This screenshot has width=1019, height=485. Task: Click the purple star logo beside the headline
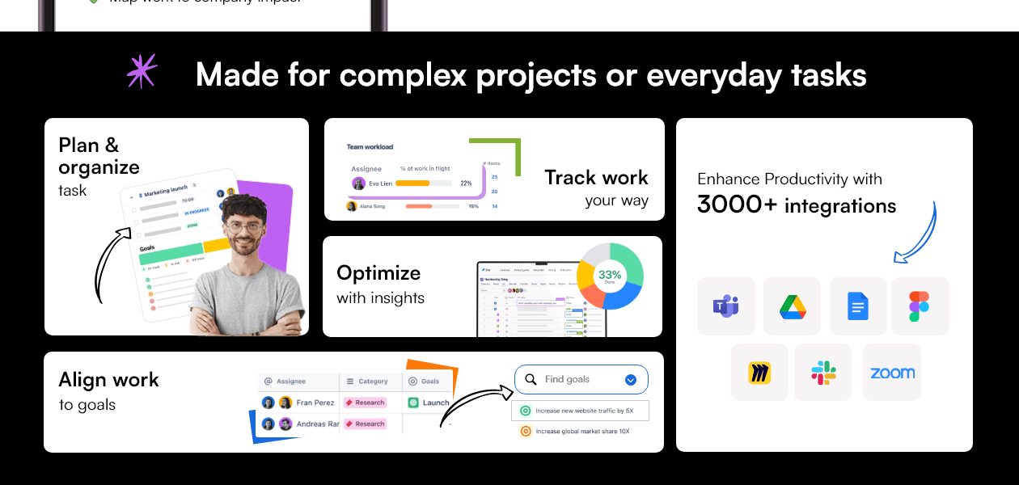[x=142, y=71]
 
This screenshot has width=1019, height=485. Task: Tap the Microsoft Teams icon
[x=725, y=306]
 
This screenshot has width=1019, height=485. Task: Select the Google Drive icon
[x=792, y=306]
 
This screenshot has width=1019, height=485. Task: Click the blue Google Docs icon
[x=858, y=306]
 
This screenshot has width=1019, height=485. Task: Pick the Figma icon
[x=920, y=306]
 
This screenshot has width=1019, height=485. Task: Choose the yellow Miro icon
[x=759, y=373]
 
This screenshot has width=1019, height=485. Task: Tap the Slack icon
[x=823, y=373]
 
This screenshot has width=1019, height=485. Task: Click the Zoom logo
[x=892, y=373]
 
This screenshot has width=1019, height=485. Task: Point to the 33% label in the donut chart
[x=609, y=274]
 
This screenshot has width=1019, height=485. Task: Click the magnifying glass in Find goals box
[x=531, y=380]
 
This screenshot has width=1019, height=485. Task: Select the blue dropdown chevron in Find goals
[x=631, y=380]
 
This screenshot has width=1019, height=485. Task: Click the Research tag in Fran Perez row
[x=365, y=403]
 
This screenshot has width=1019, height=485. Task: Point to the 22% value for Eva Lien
[x=466, y=183]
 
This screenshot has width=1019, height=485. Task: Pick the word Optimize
[x=378, y=272]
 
